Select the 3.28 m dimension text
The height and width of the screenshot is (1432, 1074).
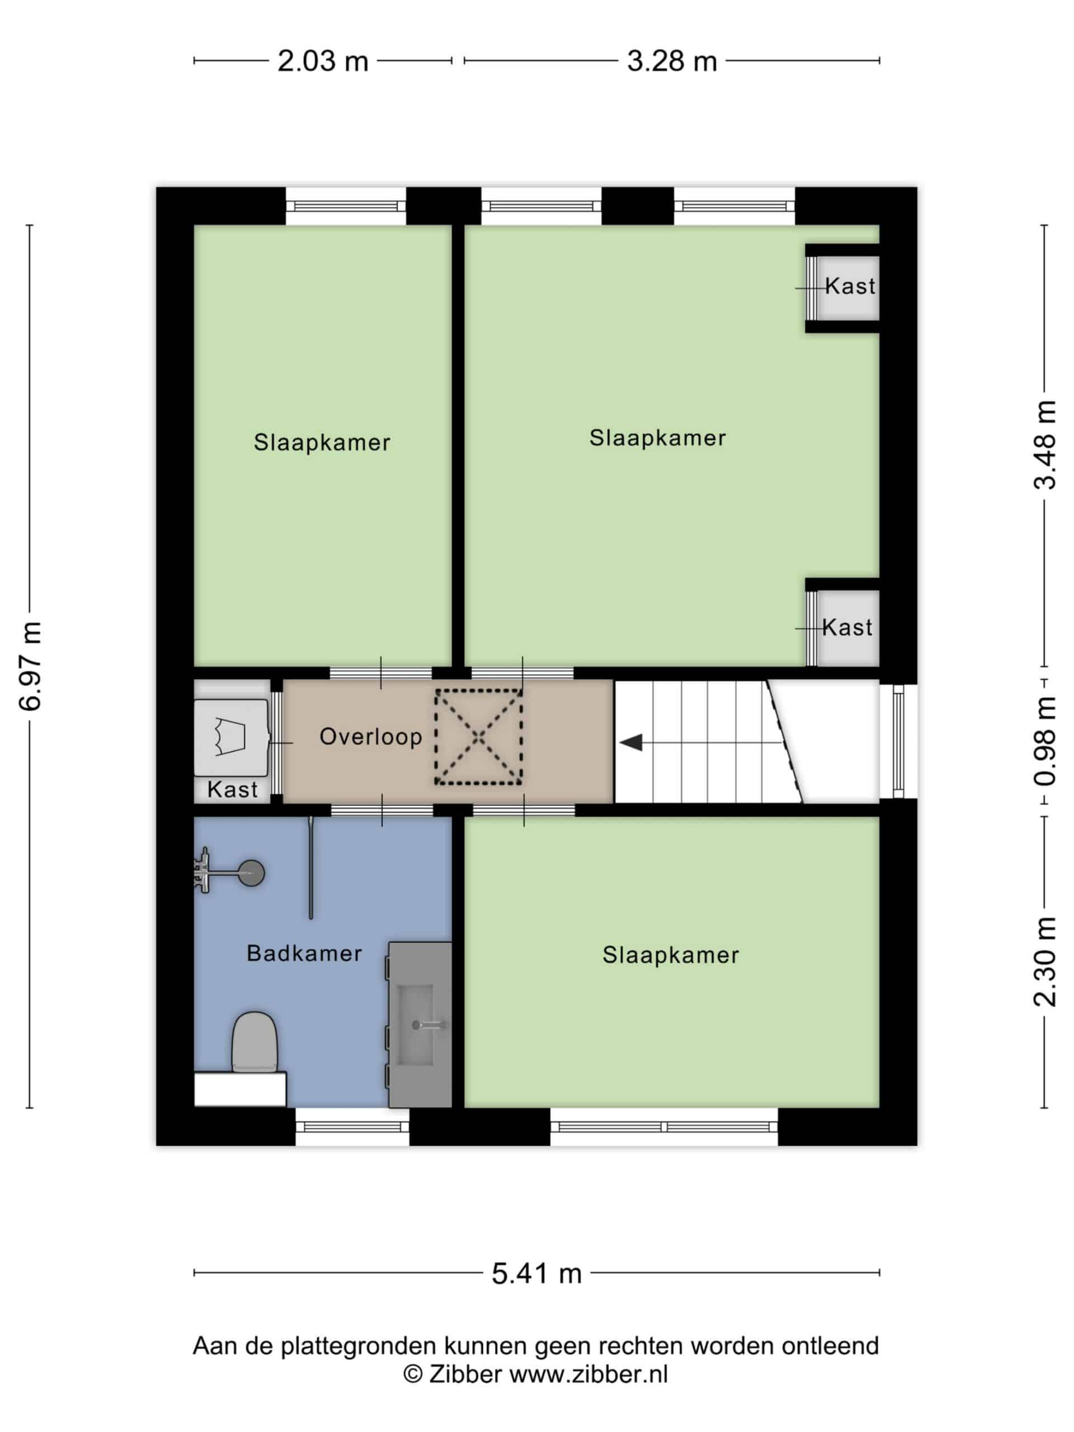click(672, 62)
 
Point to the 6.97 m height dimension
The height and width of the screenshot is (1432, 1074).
click(30, 666)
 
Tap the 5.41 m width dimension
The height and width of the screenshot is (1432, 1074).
click(536, 1273)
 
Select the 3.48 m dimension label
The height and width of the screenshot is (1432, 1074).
click(1044, 445)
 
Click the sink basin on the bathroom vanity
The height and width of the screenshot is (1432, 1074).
click(415, 1025)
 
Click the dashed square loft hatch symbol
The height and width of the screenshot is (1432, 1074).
click(478, 737)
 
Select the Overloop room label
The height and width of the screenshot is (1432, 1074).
click(371, 736)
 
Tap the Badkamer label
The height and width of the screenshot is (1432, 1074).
click(304, 953)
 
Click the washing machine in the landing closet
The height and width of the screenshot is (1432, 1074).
click(231, 737)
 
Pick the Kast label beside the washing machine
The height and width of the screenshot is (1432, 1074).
click(232, 789)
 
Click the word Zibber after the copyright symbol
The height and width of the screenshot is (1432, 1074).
click(465, 1374)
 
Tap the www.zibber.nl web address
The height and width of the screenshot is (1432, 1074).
click(588, 1374)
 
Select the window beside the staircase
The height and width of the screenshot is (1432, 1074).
click(898, 741)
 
